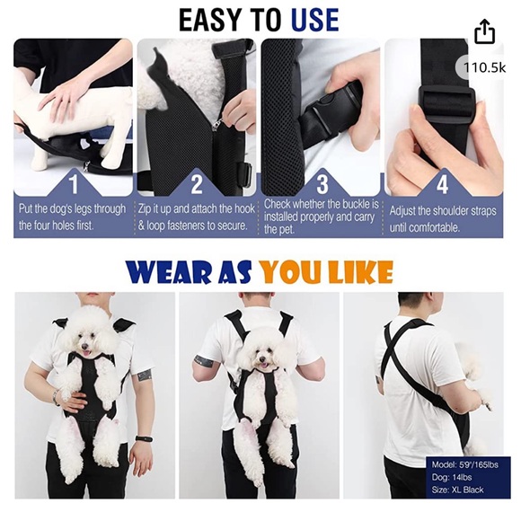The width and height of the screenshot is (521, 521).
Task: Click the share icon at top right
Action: tap(484, 32)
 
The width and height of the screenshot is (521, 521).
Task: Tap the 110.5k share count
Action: tap(481, 67)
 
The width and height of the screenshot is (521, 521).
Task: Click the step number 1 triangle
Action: tap(74, 184)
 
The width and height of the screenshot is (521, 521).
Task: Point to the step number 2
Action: tap(197, 185)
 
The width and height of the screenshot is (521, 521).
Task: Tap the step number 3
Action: tap(320, 185)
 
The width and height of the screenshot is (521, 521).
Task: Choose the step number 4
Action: tap(443, 185)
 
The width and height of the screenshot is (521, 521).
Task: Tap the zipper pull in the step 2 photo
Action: tap(216, 126)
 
